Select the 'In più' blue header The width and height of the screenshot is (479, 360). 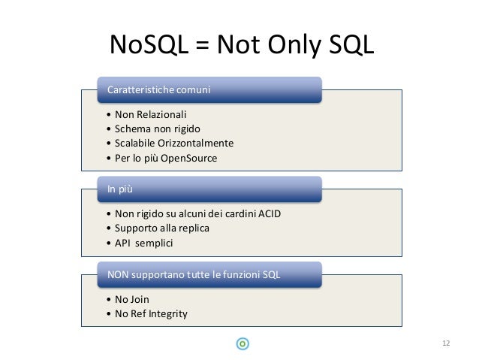(119, 189)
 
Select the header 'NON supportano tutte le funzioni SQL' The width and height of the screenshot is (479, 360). (194, 275)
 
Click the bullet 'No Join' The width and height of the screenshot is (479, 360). (133, 299)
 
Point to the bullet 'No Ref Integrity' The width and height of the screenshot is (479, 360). (151, 313)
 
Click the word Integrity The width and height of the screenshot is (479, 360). (168, 313)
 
